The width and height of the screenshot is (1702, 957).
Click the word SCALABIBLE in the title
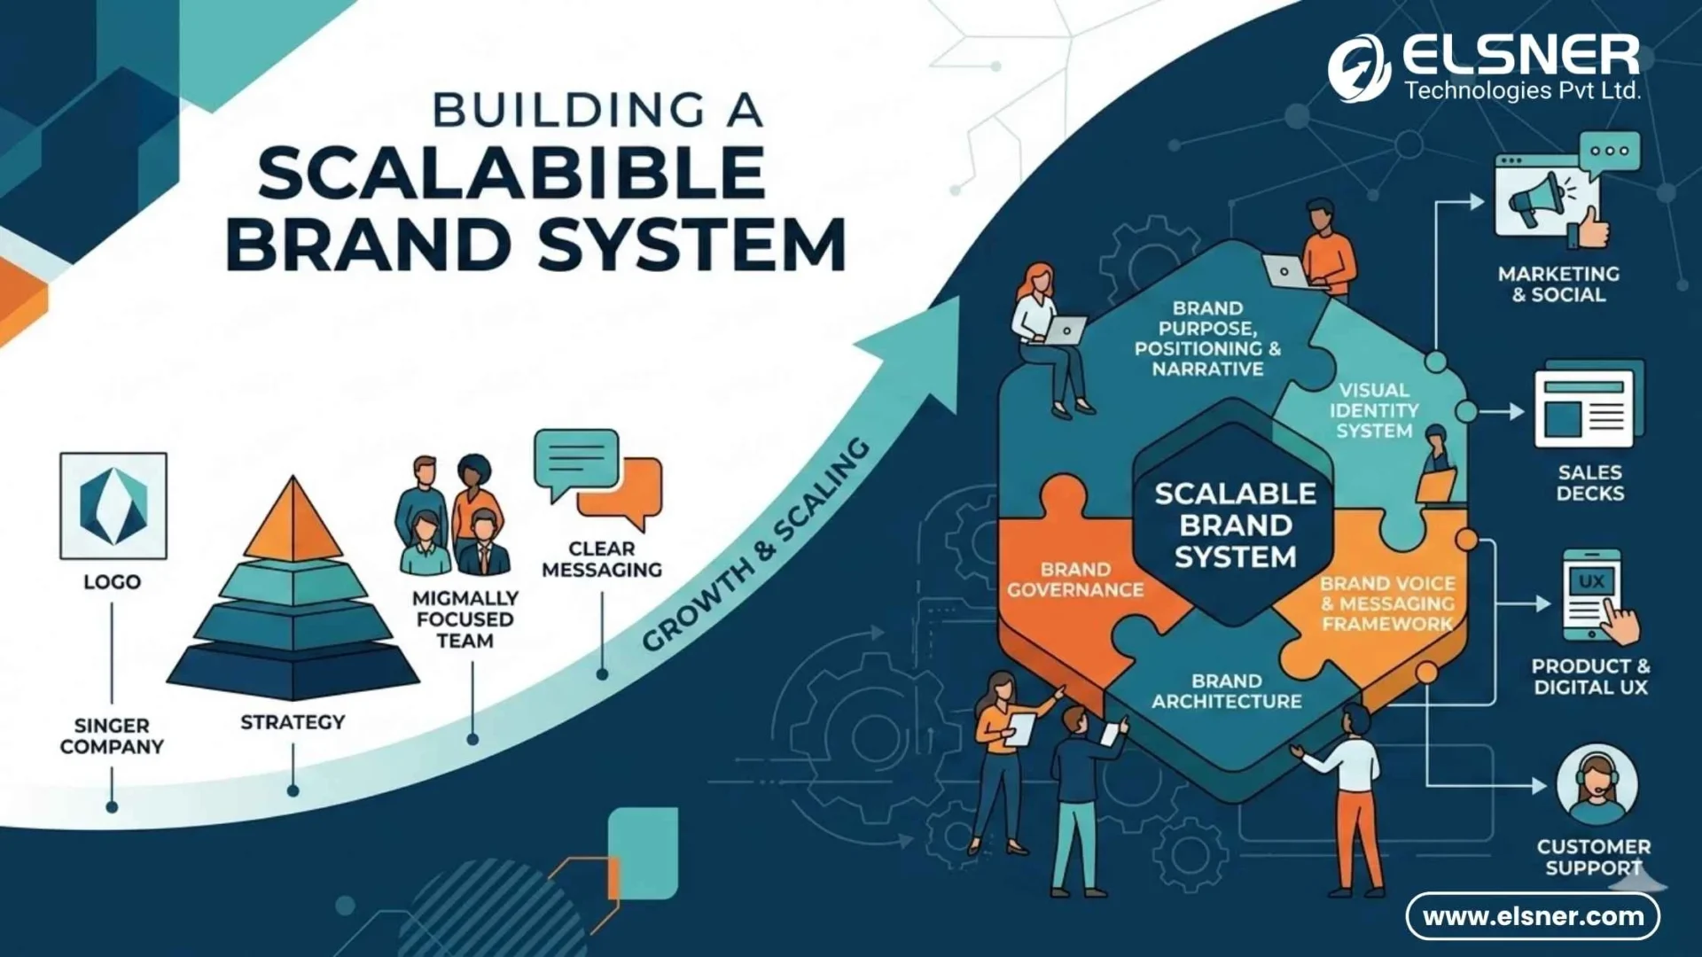[x=511, y=173]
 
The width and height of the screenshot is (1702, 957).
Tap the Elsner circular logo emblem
[x=1358, y=68]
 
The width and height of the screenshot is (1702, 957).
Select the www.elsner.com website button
[x=1533, y=916]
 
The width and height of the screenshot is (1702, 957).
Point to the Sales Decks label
[x=1589, y=483]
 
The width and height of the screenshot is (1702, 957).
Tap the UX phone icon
[x=1591, y=595]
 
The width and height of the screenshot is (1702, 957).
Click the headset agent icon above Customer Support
[x=1597, y=784]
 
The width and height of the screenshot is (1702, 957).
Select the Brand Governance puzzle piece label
[x=1074, y=580]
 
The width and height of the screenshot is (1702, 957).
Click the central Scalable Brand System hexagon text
[x=1234, y=525]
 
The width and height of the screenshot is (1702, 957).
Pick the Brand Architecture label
[x=1226, y=691]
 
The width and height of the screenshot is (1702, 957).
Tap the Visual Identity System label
[x=1373, y=410]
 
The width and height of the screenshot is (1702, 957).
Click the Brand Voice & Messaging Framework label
[x=1387, y=603]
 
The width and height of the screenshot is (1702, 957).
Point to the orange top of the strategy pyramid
[x=293, y=523]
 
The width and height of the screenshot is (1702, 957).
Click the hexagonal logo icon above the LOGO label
[x=113, y=506]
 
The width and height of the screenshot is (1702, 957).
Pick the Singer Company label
[x=112, y=736]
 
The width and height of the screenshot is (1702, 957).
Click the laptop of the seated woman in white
[x=1066, y=331]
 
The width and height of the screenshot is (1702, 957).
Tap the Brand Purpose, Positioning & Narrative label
[x=1207, y=338]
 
